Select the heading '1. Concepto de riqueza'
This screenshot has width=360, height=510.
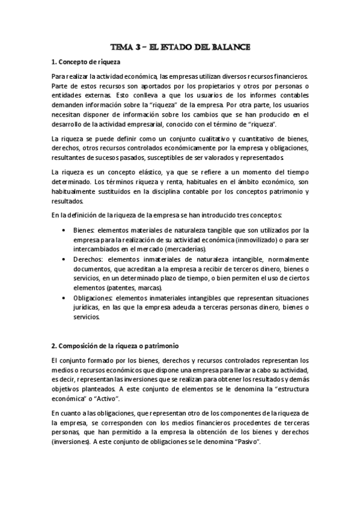pos(86,62)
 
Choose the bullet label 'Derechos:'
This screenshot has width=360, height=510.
pos(87,259)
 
